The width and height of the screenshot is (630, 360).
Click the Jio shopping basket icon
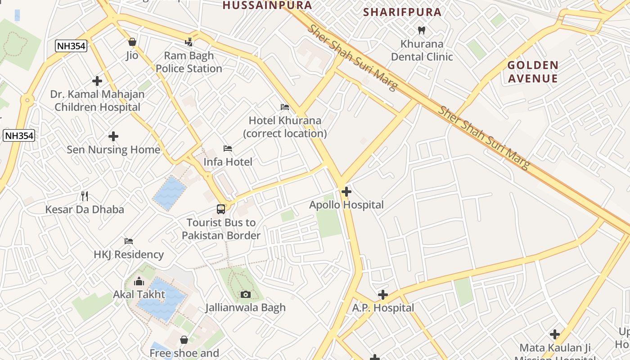pos(132,42)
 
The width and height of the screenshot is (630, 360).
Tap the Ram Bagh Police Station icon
pos(189,42)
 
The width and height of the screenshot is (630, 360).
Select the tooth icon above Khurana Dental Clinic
pos(422,31)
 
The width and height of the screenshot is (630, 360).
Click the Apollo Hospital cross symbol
pos(346,192)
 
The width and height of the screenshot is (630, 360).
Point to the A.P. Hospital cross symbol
pos(383,295)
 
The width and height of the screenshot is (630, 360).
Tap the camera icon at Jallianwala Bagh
pos(246,294)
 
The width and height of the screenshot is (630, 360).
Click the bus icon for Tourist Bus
pos(221,209)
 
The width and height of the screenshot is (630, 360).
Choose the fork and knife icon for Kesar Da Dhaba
pos(85,196)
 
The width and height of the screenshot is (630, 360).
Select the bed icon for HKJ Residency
pos(129,241)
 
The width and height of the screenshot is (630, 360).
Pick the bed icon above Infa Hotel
pos(228,148)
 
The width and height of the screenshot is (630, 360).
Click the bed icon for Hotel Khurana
pos(284,107)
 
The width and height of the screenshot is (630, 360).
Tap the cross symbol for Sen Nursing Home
pos(113,136)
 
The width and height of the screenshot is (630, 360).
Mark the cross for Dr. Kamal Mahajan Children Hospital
pos(97,81)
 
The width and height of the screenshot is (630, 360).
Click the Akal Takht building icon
pos(139,282)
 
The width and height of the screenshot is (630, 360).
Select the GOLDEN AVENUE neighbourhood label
pos(533,72)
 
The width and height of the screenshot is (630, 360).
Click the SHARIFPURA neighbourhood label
pos(402,12)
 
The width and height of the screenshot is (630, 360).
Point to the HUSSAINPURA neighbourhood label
pos(267,5)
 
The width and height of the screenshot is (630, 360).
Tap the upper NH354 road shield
pos(71,45)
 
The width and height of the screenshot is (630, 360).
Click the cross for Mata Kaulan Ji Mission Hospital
pos(555,334)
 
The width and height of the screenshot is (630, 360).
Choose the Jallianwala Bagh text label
pos(246,308)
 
